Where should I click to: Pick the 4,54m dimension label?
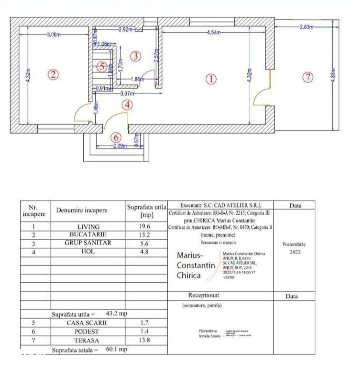click(214, 33)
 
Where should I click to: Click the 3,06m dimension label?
click(53, 35)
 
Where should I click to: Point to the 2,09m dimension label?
click(119, 146)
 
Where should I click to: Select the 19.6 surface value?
click(147, 227)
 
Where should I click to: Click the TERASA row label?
click(88, 340)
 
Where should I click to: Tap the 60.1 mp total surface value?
click(116, 349)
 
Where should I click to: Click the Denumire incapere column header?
click(82, 210)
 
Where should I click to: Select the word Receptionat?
click(203, 296)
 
